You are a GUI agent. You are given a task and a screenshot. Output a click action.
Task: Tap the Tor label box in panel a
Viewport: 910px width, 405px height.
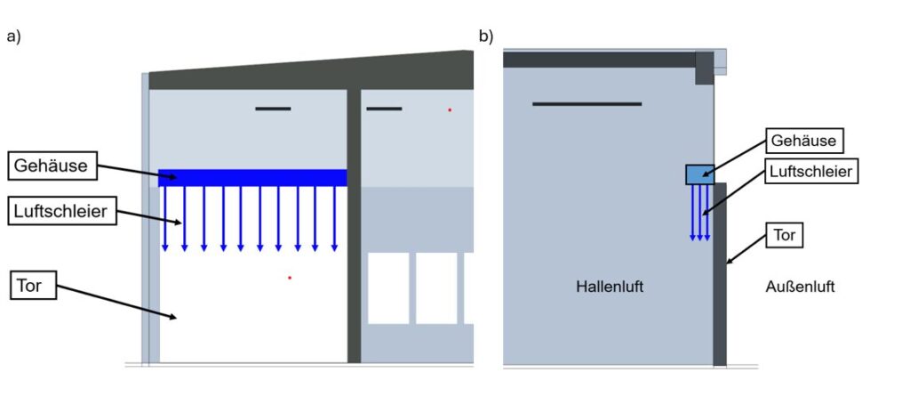coord(34,287)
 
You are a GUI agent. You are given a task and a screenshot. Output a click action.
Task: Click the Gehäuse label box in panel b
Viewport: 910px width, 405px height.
coord(804,141)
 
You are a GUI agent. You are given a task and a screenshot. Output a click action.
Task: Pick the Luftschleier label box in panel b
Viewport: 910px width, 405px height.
coord(810,171)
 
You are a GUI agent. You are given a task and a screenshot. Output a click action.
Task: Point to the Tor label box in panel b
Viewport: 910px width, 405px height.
coord(785,235)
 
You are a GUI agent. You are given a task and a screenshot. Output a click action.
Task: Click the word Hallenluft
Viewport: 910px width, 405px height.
coord(610,287)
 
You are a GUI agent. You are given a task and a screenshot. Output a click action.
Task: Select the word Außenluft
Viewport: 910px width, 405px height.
coord(800,287)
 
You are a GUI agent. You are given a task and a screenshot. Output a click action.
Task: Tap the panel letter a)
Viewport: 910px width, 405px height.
coord(13,36)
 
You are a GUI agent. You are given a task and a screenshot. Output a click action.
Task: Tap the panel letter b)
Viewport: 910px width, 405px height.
coord(486,36)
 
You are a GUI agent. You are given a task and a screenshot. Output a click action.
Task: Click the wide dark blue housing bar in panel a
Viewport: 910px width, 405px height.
coord(252,177)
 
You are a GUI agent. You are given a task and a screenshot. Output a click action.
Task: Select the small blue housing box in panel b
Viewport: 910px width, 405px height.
coord(699,174)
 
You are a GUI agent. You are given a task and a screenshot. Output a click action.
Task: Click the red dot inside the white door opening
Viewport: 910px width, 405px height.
coord(290,278)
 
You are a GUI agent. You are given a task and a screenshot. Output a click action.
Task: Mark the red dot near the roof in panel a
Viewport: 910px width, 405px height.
coord(450,109)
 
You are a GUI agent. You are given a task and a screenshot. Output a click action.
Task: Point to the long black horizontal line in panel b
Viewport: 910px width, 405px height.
coord(587,104)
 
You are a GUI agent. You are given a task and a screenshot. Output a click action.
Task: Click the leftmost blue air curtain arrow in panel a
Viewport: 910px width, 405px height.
coord(165,218)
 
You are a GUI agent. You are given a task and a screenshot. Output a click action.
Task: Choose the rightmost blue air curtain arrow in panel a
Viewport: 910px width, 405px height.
coord(334,218)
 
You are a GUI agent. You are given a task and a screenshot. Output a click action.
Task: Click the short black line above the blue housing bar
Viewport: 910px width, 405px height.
coord(273,109)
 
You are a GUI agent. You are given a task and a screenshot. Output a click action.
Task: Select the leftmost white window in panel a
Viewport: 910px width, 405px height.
coord(388,288)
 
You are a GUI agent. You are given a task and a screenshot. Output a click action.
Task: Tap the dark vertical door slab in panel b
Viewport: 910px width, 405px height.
coord(720,276)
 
